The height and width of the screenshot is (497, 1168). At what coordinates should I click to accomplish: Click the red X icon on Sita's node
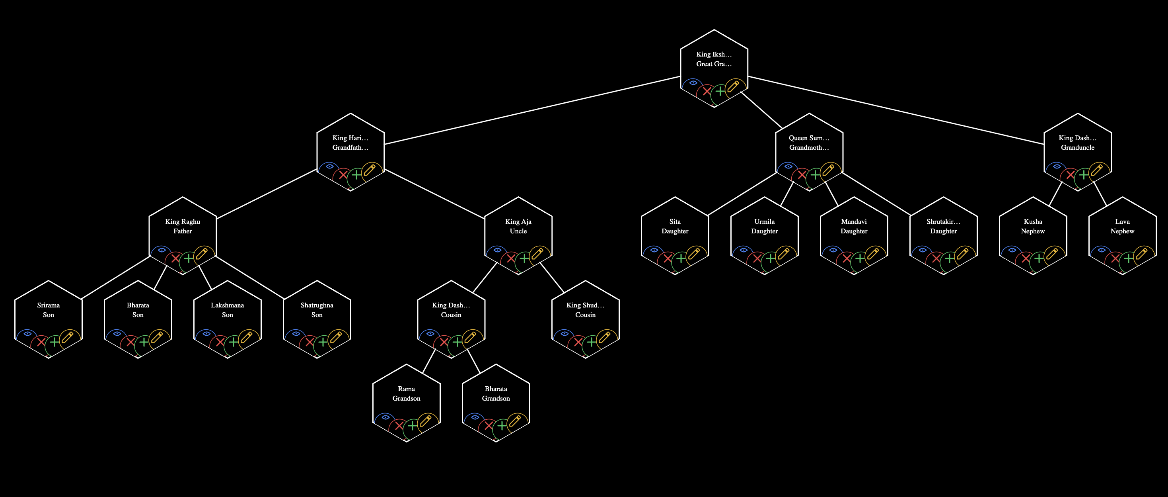coord(667,259)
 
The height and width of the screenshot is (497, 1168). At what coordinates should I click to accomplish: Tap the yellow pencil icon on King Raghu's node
coord(201,253)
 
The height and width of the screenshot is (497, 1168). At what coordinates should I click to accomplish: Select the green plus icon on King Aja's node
coord(524,259)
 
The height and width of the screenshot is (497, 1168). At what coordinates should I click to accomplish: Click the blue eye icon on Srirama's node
coord(28,334)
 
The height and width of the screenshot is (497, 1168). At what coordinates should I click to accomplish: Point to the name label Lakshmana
coord(227,305)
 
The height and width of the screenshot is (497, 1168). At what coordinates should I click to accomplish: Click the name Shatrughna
coord(317,305)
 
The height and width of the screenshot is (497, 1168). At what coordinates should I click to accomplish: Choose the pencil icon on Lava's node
coord(1141,253)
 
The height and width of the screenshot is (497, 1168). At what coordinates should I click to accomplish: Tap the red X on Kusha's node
coord(1025,259)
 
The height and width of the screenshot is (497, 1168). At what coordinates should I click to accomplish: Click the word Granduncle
coord(1077,147)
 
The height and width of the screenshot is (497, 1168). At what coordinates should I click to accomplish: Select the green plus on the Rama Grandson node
coord(412,426)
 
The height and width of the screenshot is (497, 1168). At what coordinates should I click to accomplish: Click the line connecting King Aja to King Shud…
coord(552,277)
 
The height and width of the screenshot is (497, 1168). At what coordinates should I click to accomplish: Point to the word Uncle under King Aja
coord(518,231)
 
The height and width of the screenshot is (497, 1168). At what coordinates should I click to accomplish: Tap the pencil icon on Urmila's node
coord(783,253)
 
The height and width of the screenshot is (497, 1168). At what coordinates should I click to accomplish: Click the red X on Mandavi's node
coord(846,259)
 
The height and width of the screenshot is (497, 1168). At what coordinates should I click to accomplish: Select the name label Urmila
coord(765,221)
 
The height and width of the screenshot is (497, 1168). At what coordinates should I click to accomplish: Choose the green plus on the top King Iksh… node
coord(720,91)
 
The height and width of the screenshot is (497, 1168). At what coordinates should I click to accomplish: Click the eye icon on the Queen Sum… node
coord(788,166)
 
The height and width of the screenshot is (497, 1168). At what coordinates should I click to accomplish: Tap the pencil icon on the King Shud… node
coord(604,337)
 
